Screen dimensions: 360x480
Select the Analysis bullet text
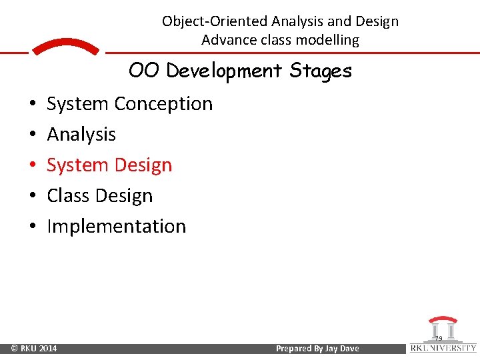point(81,135)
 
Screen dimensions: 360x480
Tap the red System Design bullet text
point(109,165)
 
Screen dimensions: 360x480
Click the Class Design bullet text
point(99,196)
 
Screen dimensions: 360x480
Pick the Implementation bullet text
point(116,227)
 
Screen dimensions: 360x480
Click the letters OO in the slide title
point(145,70)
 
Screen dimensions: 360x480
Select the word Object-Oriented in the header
point(215,21)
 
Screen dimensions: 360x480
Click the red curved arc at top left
point(65,47)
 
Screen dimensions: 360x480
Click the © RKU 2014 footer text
point(34,349)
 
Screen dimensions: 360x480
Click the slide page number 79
point(438,339)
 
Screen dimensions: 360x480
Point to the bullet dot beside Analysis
point(31,135)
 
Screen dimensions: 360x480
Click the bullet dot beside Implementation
point(31,227)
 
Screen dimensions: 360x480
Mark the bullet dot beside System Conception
point(31,105)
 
